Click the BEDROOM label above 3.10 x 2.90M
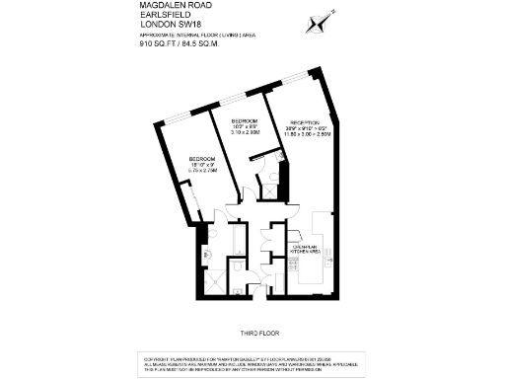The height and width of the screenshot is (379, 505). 246,121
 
